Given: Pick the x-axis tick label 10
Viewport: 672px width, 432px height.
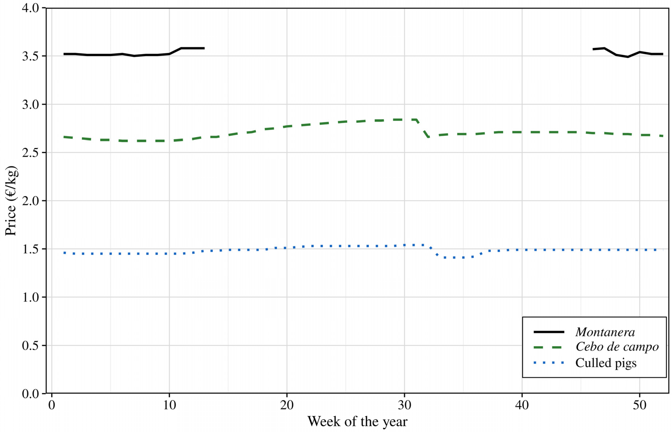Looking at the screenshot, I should [x=169, y=405].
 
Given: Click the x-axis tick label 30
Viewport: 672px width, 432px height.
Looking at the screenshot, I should [x=404, y=405].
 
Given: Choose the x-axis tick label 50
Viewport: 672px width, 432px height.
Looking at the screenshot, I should [x=640, y=405].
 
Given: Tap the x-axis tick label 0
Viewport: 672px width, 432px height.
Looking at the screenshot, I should [x=52, y=405].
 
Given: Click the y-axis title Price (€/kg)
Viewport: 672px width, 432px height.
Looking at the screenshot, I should [x=11, y=201].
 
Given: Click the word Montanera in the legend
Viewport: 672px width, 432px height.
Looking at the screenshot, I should [x=605, y=332].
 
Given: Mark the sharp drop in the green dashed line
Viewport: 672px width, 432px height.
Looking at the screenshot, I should [x=422, y=128].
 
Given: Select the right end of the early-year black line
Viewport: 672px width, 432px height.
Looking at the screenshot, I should [x=204, y=48].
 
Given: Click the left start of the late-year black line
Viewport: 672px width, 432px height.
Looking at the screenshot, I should [x=593, y=49].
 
